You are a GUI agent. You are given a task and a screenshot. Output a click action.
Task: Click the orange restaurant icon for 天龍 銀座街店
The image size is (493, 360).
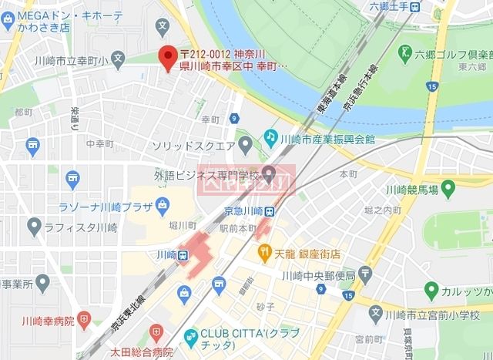263,251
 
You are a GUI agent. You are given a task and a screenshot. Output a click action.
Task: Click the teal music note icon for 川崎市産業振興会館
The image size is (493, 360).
270,136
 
